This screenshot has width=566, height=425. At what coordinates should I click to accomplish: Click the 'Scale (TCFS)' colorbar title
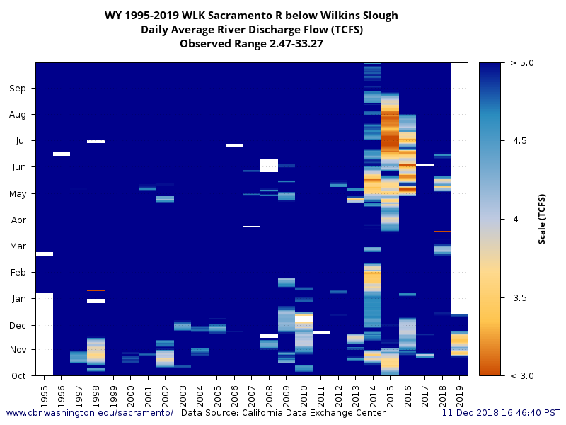[x=542, y=219]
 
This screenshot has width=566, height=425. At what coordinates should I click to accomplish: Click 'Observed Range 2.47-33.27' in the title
[x=251, y=44]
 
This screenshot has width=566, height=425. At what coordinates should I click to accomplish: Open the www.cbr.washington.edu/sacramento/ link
[x=90, y=412]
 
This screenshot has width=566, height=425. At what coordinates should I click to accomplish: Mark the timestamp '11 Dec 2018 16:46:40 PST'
[x=501, y=412]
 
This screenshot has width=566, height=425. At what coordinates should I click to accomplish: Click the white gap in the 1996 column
[x=62, y=153]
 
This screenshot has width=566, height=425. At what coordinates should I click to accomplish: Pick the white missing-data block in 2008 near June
[x=269, y=166]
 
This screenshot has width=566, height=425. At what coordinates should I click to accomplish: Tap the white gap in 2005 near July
[x=234, y=145]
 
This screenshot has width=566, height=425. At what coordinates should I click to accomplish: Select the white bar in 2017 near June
[x=424, y=164]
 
